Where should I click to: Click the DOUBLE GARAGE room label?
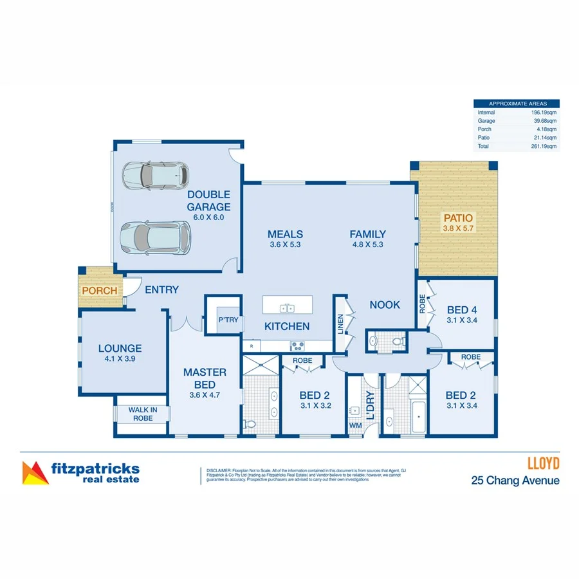[x=208, y=200]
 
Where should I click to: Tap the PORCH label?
[x=99, y=290]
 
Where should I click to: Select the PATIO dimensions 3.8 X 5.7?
[x=457, y=228]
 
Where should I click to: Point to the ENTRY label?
[x=161, y=290]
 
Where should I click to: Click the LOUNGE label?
[x=120, y=349]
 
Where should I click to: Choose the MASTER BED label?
[x=205, y=378]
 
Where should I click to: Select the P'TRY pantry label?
[x=228, y=320]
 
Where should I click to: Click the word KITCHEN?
[x=287, y=326]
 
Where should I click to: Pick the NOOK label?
[x=385, y=305]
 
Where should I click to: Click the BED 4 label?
[x=461, y=311]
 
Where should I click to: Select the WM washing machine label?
[x=355, y=425]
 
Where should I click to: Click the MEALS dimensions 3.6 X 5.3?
[x=285, y=244]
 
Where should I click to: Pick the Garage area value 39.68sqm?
[x=546, y=121]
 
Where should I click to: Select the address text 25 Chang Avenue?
[x=515, y=480]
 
